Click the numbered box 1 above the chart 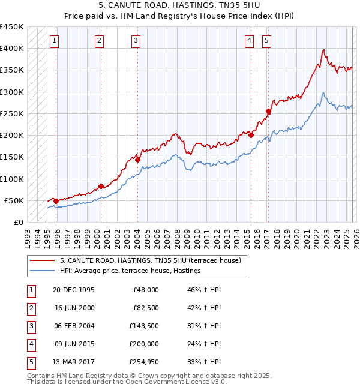tap(54, 41)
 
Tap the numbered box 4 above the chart tap(248, 41)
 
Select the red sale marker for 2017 tap(268, 111)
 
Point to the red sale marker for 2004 tap(137, 160)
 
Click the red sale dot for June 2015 tap(251, 135)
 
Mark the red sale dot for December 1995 tap(56, 201)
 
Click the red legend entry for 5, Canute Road tap(150, 261)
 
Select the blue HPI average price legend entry tap(130, 271)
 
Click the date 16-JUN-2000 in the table tap(74, 307)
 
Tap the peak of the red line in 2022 tap(323, 50)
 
